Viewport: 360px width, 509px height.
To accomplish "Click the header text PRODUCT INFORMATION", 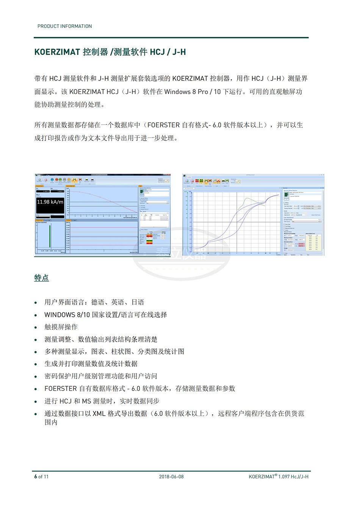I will (64, 26).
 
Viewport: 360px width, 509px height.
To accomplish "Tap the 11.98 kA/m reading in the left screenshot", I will (50, 202).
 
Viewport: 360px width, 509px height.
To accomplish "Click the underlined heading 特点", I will (41, 278).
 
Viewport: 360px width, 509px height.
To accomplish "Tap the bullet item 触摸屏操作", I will (61, 327).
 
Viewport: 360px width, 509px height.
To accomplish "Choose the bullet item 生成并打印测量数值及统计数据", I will (91, 364).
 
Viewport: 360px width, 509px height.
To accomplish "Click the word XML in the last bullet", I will (99, 413).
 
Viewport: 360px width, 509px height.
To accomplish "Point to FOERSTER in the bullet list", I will (61, 388).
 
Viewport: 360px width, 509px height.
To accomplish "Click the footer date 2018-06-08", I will (171, 476).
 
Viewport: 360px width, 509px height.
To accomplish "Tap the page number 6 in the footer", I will (36, 476).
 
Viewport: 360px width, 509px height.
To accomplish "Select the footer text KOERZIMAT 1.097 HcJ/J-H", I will (279, 476).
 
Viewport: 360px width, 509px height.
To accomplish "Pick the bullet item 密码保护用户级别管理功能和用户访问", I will (101, 376).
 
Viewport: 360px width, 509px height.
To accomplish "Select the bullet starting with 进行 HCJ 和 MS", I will (102, 401).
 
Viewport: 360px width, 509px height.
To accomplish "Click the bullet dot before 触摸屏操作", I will (36, 327).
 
